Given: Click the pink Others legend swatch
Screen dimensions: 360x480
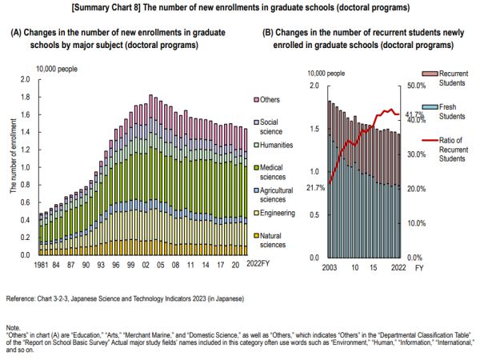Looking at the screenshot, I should click(256, 100).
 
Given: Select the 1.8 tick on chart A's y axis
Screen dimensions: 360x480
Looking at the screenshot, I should click(24, 97).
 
